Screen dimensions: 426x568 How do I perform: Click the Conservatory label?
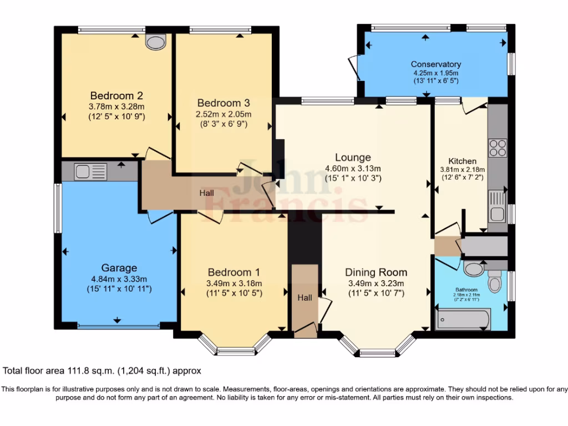point(435,64)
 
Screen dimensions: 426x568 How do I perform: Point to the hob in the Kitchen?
point(498,148)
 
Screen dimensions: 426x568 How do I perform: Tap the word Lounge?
point(353,158)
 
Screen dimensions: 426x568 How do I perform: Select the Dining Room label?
point(376,272)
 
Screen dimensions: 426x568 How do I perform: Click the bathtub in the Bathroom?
point(464,319)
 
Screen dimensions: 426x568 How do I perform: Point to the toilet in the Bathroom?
point(495,284)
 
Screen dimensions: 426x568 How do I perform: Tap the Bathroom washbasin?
point(473,269)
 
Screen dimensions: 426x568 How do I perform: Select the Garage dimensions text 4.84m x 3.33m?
point(119,279)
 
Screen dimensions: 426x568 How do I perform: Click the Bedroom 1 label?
point(234,272)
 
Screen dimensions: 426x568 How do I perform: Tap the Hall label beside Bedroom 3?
point(206,193)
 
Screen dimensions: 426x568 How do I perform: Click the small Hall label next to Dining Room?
point(305,298)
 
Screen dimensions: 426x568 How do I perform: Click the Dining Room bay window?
point(377,349)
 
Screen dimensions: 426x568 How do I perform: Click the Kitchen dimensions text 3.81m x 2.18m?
point(462,170)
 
